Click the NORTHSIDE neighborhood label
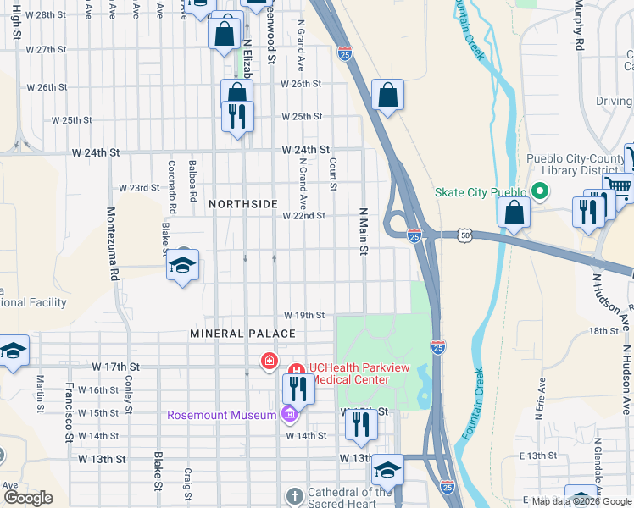click(243, 204)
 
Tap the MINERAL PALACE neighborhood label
click(242, 334)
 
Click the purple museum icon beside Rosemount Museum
click(289, 414)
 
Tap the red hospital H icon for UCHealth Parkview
click(297, 371)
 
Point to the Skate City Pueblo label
click(481, 192)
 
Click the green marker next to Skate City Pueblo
click(537, 191)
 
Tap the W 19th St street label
click(304, 315)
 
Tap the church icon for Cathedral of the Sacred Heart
click(293, 495)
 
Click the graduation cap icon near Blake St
click(183, 266)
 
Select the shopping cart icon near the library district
click(619, 187)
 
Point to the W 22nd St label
click(304, 216)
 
